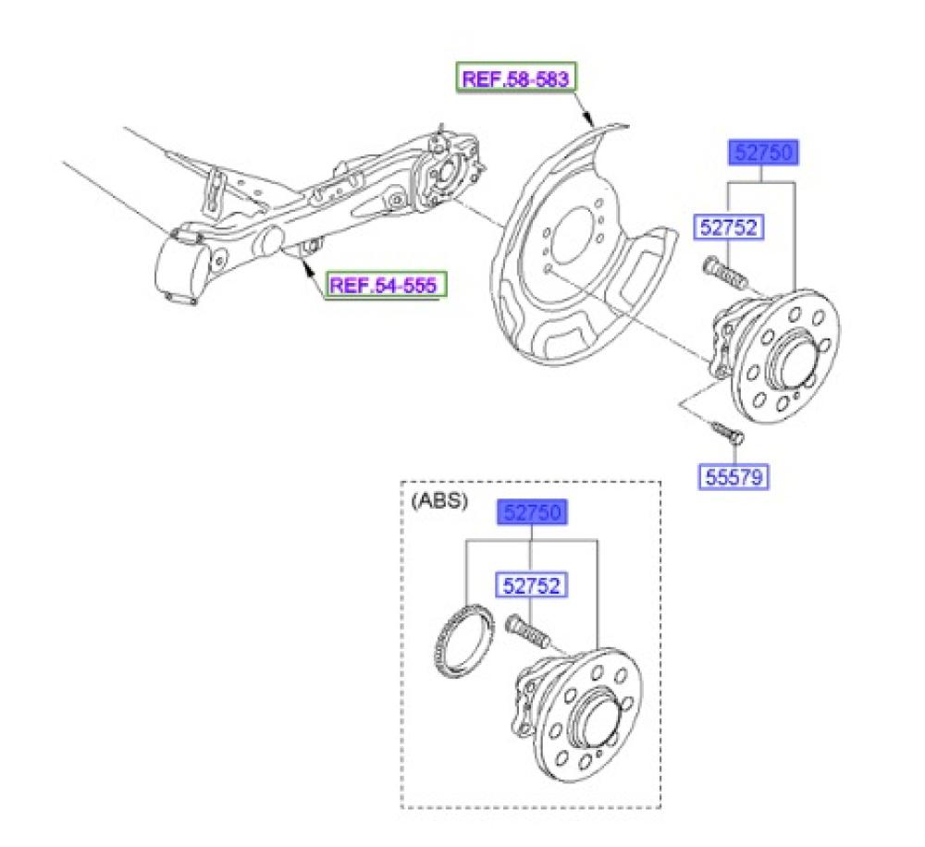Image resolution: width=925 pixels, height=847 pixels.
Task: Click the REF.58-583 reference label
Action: click(x=515, y=79)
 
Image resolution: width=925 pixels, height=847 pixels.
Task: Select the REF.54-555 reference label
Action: click(x=385, y=286)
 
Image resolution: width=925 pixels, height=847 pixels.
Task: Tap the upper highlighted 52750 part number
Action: click(x=764, y=153)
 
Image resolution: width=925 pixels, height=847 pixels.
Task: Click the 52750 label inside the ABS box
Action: click(x=533, y=512)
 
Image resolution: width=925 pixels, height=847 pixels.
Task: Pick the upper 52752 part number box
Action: click(x=729, y=227)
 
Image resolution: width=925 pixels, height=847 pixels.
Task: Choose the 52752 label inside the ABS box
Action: click(x=531, y=585)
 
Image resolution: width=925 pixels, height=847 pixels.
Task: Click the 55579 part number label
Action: click(x=734, y=476)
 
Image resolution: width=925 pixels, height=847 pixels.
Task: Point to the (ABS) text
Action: click(x=438, y=501)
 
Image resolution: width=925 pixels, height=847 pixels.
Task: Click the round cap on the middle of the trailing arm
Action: click(x=273, y=240)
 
